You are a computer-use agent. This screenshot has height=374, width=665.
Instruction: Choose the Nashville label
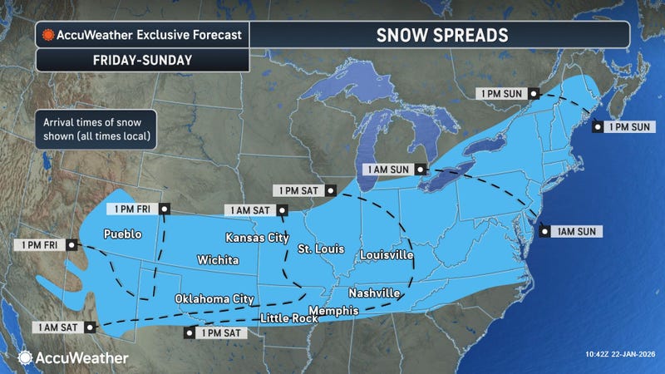pyautogui.click(x=373, y=293)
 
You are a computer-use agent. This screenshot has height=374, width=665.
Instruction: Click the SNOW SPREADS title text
pyautogui.click(x=439, y=36)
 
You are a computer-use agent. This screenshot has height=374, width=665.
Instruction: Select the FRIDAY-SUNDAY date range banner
pyautogui.click(x=141, y=61)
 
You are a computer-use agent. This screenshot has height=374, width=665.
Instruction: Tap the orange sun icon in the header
pyautogui.click(x=47, y=37)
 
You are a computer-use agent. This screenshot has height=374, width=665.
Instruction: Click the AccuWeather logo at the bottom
pyautogui.click(x=73, y=357)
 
